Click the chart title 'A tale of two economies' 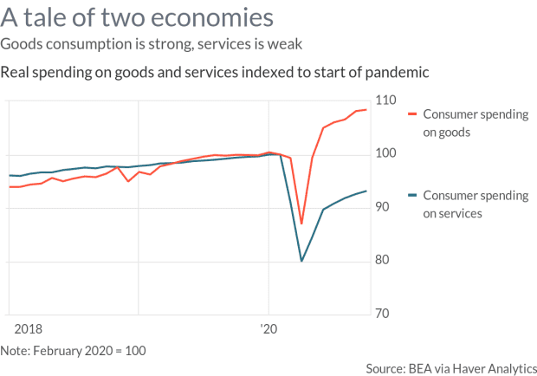(x=139, y=16)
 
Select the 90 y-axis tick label (x=384, y=208)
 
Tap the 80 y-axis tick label (x=384, y=261)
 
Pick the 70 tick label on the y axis (x=384, y=314)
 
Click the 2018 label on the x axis (x=29, y=329)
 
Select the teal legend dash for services (x=412, y=196)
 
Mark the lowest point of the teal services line (x=301, y=261)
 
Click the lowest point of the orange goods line (x=301, y=224)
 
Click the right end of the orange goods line (x=366, y=110)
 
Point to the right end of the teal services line (x=366, y=191)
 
